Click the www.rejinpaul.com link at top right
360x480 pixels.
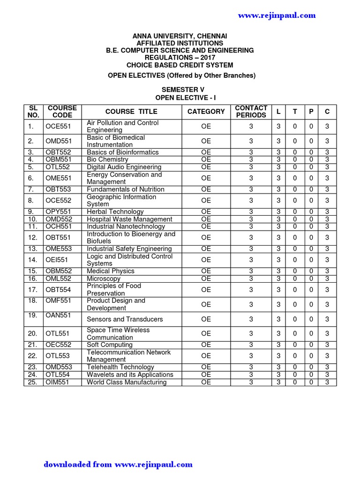[277, 15]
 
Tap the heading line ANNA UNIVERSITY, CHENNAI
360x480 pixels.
[180, 36]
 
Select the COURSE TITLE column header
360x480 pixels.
[131, 112]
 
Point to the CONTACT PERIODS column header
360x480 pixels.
[251, 112]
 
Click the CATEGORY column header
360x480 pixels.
[206, 112]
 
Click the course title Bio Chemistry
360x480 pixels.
[107, 159]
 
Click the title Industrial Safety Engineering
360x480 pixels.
[129, 249]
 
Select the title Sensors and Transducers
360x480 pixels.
[125, 319]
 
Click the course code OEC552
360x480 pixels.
[57, 345]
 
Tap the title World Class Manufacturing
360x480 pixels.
[127, 382]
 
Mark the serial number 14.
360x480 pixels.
[32, 260]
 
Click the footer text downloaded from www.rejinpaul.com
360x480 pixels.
[118, 465]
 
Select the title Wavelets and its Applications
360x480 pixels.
[130, 375]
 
